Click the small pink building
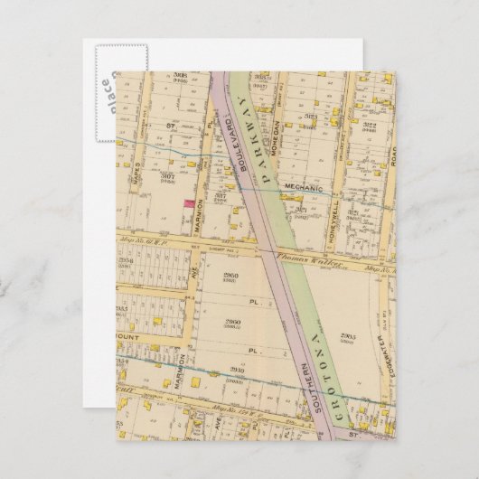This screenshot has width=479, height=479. [188, 205]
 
